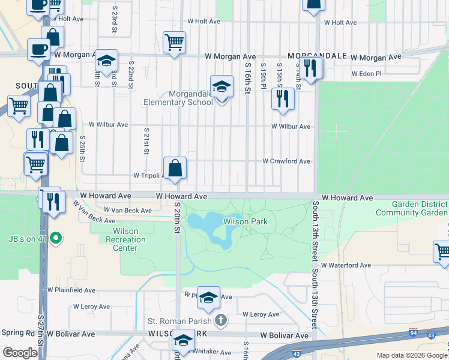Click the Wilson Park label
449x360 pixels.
[x=245, y=222]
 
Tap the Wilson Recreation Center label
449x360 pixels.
[x=126, y=239]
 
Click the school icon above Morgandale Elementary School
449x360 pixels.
[x=221, y=87]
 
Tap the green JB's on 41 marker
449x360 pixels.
[x=56, y=239]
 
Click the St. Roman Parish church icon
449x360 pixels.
[x=221, y=320]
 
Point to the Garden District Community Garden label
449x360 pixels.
[x=411, y=208]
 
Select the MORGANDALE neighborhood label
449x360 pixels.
[x=318, y=56]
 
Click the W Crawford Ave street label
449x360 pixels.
[x=286, y=161]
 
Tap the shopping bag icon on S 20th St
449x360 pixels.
[x=175, y=169]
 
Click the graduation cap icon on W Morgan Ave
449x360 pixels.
[x=106, y=61]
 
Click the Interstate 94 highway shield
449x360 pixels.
[x=413, y=331]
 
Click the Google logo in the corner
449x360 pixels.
[x=20, y=353]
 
